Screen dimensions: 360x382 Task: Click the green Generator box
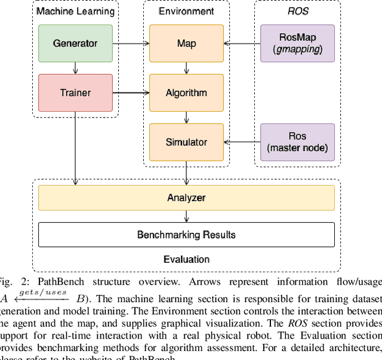pos(75,44)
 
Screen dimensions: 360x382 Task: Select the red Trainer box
pos(75,93)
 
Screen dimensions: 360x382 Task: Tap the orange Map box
pos(186,44)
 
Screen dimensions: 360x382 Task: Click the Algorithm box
pos(186,93)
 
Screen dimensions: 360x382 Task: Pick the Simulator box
pos(186,142)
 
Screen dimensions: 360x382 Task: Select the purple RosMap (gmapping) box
pos(297,44)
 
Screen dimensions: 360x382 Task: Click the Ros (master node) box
pos(297,142)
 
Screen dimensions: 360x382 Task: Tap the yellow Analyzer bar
pos(186,198)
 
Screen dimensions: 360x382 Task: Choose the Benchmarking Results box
pos(186,235)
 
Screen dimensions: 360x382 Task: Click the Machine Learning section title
pos(75,11)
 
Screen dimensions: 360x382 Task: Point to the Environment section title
pos(186,11)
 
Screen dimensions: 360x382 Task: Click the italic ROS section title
pos(297,11)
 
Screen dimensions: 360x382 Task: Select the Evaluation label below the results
pos(186,259)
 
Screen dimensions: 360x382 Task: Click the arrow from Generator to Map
pos(131,44)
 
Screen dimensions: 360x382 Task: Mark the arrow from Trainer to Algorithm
pos(131,93)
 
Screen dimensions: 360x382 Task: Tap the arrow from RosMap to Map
pos(242,44)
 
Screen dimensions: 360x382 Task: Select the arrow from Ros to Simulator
pos(242,142)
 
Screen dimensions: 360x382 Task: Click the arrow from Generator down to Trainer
pos(75,68)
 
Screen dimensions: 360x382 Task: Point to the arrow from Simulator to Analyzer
pos(186,173)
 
